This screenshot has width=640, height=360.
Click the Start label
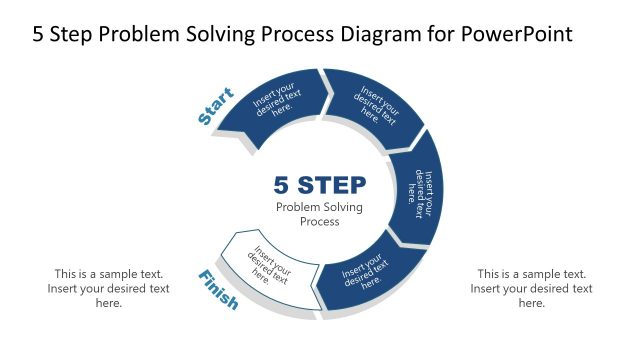click(216, 107)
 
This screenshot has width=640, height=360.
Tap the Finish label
click(218, 289)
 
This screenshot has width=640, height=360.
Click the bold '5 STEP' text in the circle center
click(319, 185)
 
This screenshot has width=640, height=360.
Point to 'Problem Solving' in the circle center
click(319, 207)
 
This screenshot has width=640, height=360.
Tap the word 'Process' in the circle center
click(319, 222)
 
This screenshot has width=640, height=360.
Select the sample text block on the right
click(531, 288)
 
